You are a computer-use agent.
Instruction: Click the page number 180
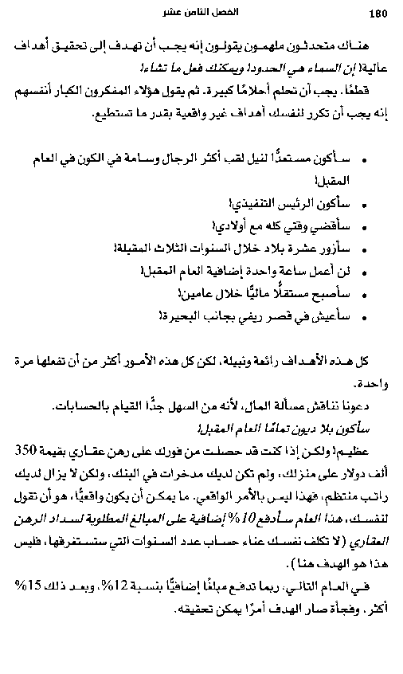point(378,12)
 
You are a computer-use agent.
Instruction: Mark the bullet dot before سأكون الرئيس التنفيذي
point(364,200)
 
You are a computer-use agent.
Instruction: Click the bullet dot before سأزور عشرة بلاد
point(364,246)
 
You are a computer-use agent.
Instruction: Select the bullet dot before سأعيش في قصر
point(364,315)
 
